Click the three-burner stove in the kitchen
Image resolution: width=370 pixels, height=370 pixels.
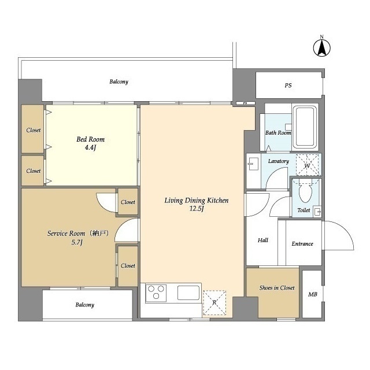click(x=156, y=293)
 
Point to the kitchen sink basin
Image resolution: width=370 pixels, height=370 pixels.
click(x=188, y=293)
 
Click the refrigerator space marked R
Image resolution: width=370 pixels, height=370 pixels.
click(x=214, y=302)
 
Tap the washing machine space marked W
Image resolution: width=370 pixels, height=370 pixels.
click(x=307, y=165)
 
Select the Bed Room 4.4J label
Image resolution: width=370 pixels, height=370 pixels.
click(x=90, y=143)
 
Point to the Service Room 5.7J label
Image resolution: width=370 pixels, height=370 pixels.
click(x=77, y=238)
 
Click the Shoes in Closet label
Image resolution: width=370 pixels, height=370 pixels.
click(x=277, y=288)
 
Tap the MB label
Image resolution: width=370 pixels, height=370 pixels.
click(x=313, y=294)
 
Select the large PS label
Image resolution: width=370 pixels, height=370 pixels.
click(x=288, y=85)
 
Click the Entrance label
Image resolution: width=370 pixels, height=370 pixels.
click(x=302, y=244)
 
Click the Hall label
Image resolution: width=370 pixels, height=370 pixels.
click(x=263, y=240)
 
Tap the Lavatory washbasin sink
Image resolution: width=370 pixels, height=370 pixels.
click(x=253, y=164)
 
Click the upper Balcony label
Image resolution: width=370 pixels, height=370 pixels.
click(x=119, y=82)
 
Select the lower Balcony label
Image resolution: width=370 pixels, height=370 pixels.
click(x=85, y=305)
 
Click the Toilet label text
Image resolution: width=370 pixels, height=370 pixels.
click(x=304, y=210)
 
